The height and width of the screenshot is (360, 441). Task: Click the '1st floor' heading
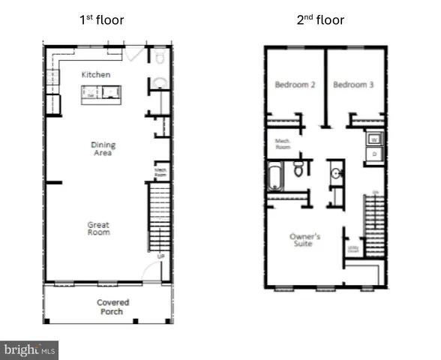tap(102, 20)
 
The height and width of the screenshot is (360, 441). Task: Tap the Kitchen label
tap(96, 74)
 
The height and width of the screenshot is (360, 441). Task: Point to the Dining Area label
tap(101, 149)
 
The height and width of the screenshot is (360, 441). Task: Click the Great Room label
tap(98, 228)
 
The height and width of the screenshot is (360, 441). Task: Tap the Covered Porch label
tap(112, 307)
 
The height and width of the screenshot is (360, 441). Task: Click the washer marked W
tap(374, 138)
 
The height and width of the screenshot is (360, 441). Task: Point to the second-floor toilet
tap(298, 169)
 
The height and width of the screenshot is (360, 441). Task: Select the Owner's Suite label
tap(304, 241)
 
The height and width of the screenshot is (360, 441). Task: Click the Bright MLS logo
tap(30, 349)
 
